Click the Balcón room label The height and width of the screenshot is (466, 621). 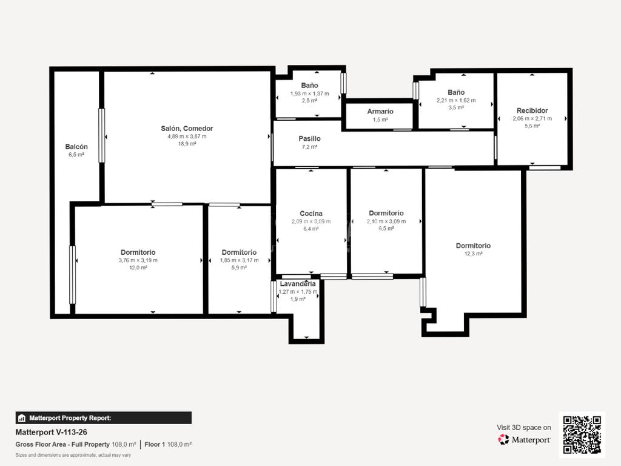click(76, 147)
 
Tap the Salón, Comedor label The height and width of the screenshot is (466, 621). click(187, 129)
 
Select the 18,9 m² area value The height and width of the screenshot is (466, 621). click(187, 143)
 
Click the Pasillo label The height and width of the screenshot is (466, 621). click(310, 139)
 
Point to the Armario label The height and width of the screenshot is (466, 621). click(380, 112)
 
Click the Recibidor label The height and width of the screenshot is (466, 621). click(532, 110)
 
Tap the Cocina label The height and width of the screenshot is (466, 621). click(311, 214)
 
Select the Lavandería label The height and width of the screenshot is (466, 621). click(298, 284)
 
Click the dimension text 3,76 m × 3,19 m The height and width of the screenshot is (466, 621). click(138, 260)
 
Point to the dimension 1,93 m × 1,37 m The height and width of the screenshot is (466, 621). click(310, 93)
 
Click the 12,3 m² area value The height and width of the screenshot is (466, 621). click(473, 254)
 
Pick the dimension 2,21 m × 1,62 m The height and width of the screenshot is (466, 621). click(456, 100)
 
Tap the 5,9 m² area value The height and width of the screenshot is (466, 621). click(239, 268)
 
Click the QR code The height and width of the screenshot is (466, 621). click(582, 434)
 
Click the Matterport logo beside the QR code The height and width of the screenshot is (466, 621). click(525, 439)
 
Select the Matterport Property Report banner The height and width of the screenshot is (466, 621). click(103, 417)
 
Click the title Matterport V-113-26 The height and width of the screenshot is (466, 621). click(51, 432)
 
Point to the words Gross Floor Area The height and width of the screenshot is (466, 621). click(41, 445)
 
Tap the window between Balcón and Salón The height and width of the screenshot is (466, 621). click(102, 135)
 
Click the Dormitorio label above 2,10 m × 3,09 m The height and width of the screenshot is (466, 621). click(386, 213)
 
